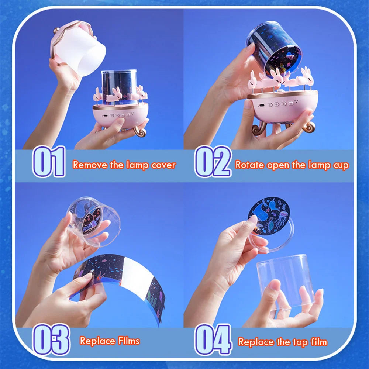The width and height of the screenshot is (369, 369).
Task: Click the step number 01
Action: click(x=49, y=162)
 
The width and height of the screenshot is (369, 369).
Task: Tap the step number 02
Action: click(x=213, y=162)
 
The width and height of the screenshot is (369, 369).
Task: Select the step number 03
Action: click(x=51, y=339)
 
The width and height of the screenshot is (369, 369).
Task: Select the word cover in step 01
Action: click(x=163, y=165)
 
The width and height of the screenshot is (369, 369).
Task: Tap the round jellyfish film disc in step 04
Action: click(x=268, y=216)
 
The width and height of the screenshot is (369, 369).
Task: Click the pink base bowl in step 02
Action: click(x=282, y=109)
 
